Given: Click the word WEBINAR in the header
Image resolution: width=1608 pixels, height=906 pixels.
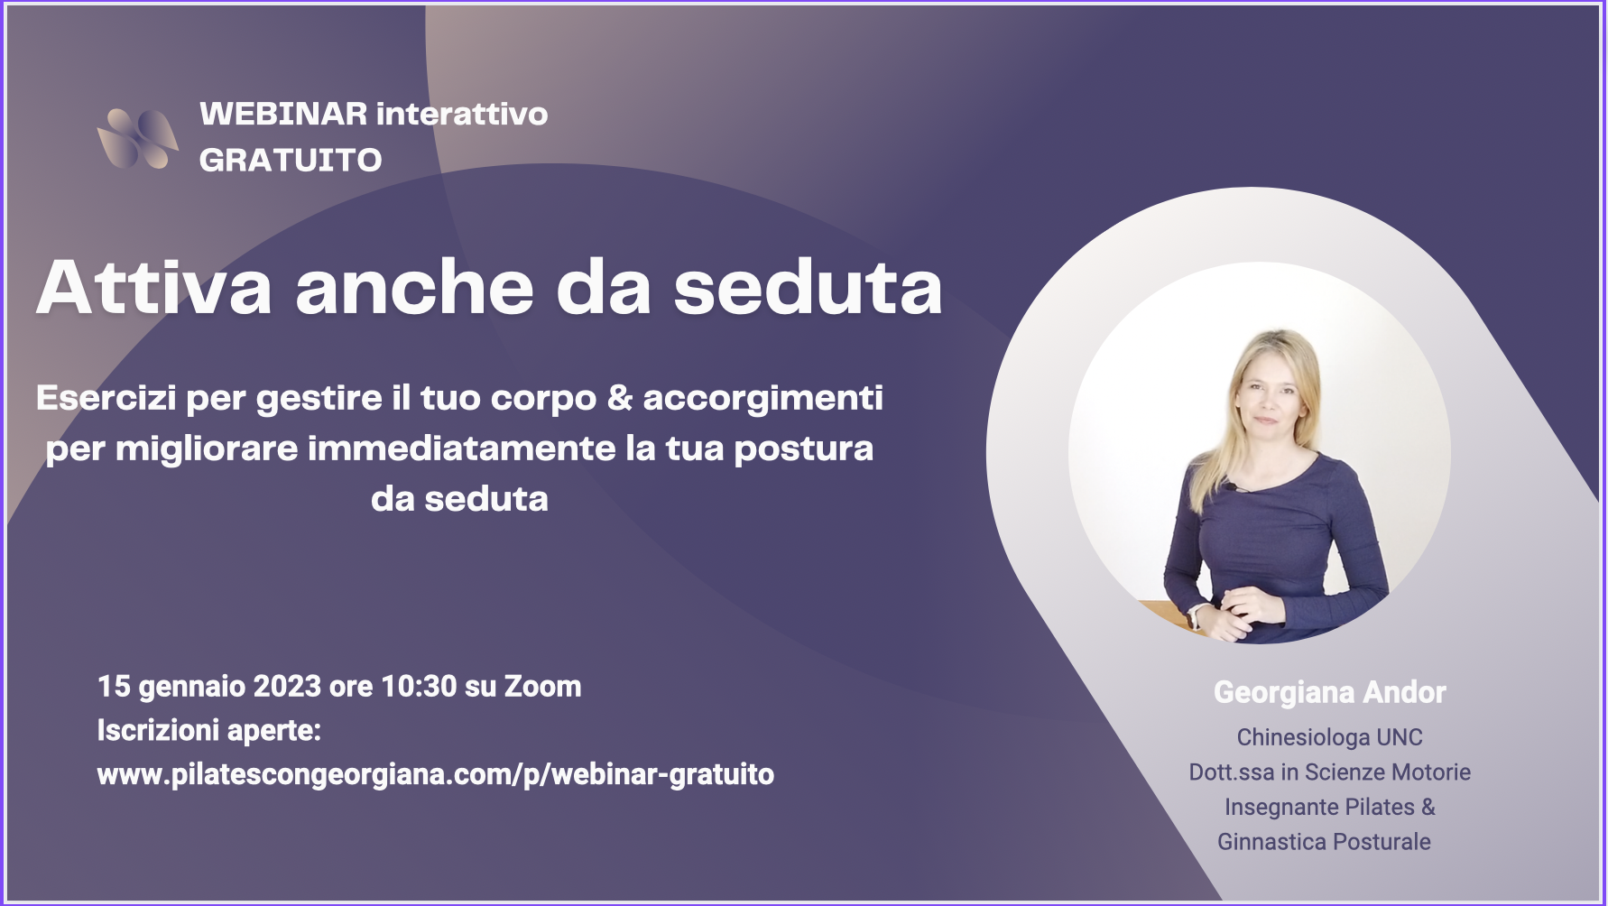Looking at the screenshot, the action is point(283,114).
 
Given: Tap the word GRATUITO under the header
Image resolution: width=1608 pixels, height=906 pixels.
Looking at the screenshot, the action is point(291,160).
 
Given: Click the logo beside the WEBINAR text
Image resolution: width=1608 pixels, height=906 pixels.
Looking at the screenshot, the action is point(137,138).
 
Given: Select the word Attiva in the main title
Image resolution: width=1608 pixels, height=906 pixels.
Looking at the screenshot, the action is point(154,287).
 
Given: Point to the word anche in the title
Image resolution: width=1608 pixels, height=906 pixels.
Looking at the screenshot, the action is point(415,287).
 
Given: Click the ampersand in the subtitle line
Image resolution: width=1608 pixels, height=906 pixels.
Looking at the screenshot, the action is point(620,398).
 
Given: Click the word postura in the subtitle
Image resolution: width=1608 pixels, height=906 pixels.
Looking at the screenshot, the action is point(804,449).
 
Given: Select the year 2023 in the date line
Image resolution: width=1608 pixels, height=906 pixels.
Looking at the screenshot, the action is point(287,687).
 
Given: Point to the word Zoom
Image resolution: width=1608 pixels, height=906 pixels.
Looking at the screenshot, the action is point(542,687).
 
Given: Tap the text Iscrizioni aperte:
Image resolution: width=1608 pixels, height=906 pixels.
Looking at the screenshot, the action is point(209,730).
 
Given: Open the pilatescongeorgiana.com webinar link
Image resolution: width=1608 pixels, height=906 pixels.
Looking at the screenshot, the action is point(436,774).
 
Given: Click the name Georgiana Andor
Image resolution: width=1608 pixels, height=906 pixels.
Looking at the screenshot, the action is point(1329,692).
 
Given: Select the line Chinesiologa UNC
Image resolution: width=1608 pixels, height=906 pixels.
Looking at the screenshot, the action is point(1329,737).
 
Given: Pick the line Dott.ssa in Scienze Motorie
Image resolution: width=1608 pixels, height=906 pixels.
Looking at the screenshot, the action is point(1329,772).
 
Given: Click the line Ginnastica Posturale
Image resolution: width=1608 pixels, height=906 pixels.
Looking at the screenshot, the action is point(1324,842).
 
